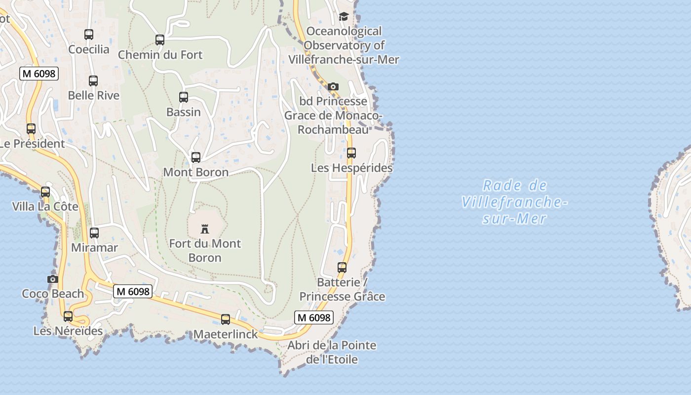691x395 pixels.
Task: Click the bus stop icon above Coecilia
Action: click(89, 35)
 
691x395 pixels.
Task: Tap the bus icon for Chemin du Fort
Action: click(160, 40)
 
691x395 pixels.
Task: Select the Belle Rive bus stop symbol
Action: click(93, 81)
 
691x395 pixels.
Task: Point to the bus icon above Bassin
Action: click(184, 97)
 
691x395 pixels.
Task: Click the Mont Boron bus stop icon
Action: click(196, 158)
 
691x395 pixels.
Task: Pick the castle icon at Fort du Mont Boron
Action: click(205, 229)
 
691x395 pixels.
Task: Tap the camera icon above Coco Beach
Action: click(53, 279)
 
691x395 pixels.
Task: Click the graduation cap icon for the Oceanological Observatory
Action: click(344, 17)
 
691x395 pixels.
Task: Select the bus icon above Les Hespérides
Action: click(351, 153)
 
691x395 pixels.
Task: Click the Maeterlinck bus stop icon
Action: click(226, 319)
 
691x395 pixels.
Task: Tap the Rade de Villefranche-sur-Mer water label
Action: click(514, 202)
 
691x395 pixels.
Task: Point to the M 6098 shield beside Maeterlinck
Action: click(314, 317)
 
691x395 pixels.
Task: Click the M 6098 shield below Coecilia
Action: click(39, 74)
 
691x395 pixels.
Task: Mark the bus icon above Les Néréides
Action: click(68, 316)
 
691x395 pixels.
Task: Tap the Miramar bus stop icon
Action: click(94, 233)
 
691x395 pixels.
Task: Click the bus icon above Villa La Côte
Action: click(45, 192)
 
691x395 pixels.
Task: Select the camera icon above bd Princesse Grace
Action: click(333, 87)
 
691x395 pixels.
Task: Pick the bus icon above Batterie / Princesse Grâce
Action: click(342, 268)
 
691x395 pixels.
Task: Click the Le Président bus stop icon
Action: click(31, 129)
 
